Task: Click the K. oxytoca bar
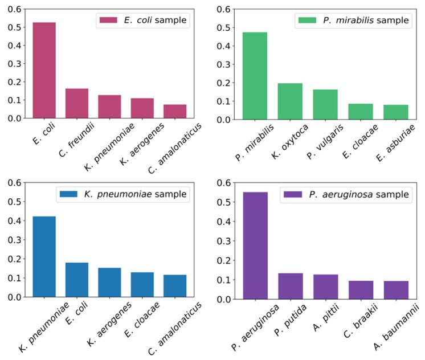coord(290,101)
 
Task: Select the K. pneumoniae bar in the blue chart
coord(44,256)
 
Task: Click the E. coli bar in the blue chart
coord(77,280)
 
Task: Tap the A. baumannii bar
coord(395,290)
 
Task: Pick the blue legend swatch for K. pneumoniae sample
coord(70,194)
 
